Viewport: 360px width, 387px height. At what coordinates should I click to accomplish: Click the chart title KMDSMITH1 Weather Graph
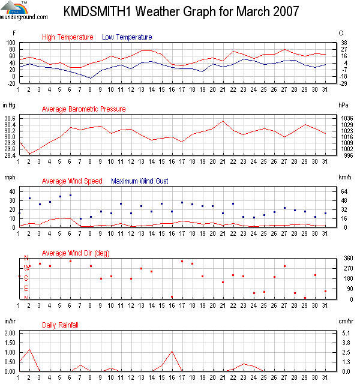point(181,12)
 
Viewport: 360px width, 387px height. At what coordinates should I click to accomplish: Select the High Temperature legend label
point(68,37)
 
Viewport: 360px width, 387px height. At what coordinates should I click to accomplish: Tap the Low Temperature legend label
point(127,37)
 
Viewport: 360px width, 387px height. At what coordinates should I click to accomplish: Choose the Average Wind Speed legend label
point(72,181)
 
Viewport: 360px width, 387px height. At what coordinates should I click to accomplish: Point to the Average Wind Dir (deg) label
point(76,253)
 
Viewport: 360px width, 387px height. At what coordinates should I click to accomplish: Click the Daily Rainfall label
point(60,325)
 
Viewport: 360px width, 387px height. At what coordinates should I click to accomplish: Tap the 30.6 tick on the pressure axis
point(10,118)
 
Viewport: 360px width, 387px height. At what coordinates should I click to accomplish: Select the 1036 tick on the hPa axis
point(346,118)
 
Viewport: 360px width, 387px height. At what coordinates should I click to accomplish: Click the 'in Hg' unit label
point(9,105)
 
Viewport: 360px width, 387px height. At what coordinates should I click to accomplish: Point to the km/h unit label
point(345,177)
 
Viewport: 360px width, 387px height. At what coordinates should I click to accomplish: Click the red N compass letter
point(26,258)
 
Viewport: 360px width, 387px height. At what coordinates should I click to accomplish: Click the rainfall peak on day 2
point(29,349)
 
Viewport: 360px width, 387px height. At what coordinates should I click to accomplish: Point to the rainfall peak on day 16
point(172,351)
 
